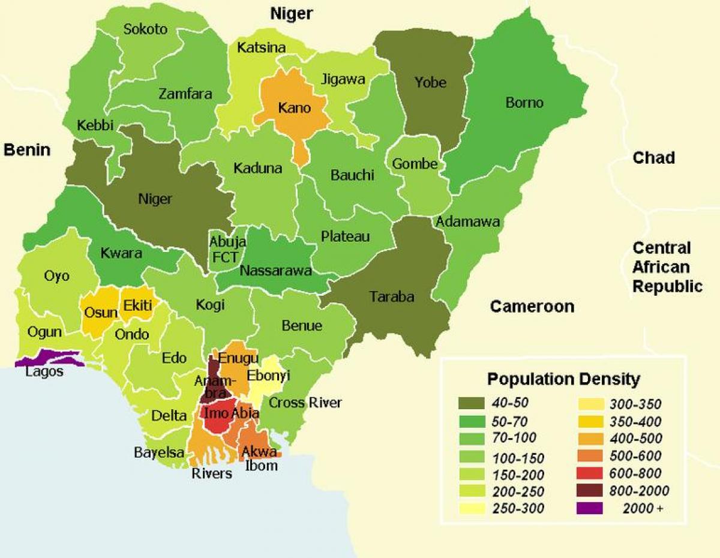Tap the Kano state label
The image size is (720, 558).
coord(294,108)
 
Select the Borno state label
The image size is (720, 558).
coord(524,103)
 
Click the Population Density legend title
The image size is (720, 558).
coord(563,379)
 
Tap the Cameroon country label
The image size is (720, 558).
coord(532,307)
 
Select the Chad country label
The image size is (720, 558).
coord(653,158)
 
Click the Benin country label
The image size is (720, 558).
coord(27,150)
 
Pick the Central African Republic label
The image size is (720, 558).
coord(667,267)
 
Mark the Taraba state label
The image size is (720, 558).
coord(392,296)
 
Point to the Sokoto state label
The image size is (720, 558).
coord(145,29)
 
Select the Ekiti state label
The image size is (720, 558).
coord(137,306)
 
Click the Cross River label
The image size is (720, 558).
coord(305,403)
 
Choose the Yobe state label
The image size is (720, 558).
coord(430,82)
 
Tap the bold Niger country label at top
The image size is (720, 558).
coord(292,14)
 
